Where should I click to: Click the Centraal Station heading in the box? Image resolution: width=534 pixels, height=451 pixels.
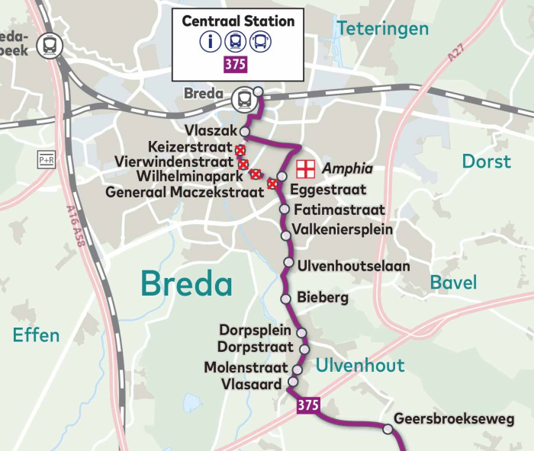[237, 21]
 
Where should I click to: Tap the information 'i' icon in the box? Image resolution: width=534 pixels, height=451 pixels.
[211, 42]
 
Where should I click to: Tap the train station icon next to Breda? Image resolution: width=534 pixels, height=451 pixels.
[243, 97]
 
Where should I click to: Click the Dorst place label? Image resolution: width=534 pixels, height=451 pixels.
[486, 162]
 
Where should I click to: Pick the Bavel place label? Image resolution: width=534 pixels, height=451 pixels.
[453, 283]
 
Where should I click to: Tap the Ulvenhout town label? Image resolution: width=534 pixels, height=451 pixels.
[360, 365]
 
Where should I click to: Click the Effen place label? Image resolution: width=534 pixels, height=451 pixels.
[36, 334]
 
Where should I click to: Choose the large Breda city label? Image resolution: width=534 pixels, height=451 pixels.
[187, 284]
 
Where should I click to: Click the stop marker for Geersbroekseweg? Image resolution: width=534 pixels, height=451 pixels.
[388, 430]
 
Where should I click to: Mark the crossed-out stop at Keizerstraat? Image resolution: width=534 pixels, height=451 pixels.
[240, 149]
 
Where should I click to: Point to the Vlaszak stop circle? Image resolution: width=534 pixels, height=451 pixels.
[245, 131]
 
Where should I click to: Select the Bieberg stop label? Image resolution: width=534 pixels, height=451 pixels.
[323, 297]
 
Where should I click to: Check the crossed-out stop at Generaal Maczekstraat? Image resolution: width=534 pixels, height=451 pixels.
[272, 184]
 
